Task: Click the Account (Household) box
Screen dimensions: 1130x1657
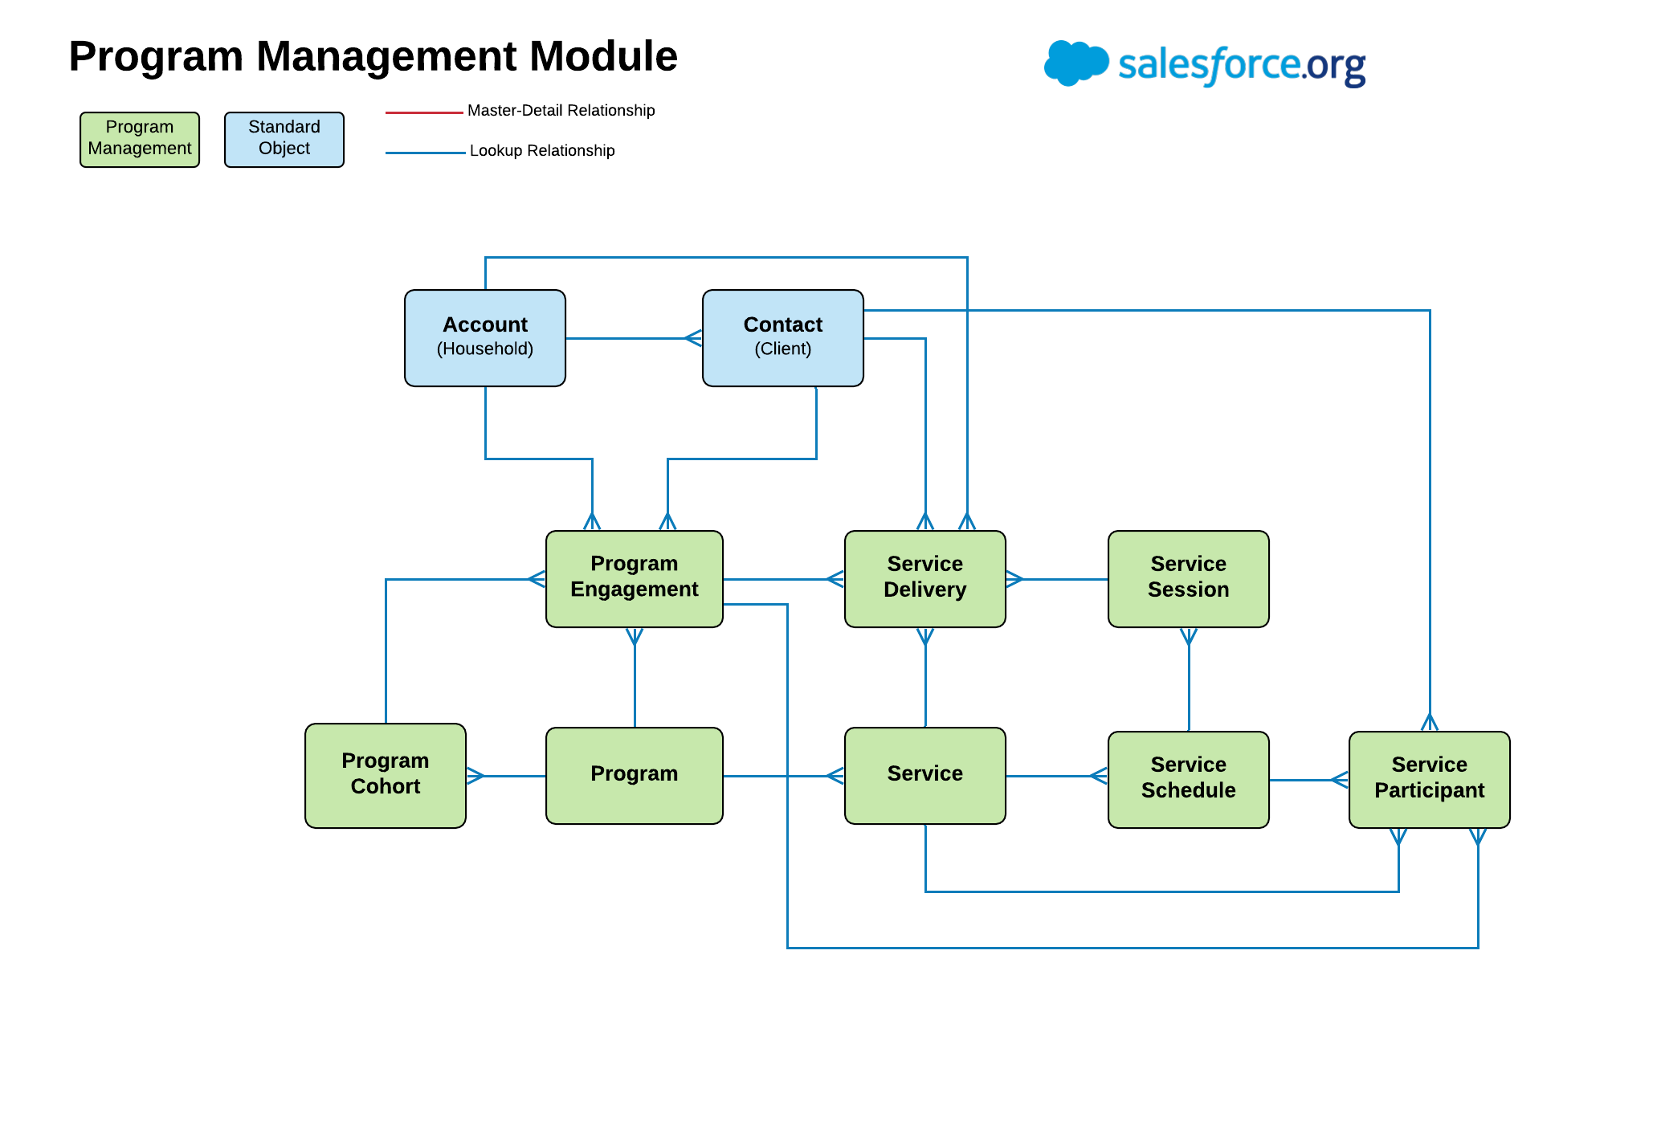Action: click(x=484, y=337)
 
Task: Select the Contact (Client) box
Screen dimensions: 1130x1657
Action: click(x=782, y=337)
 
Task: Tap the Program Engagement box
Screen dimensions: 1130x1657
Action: click(x=634, y=578)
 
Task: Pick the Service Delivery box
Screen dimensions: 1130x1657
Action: click(x=924, y=578)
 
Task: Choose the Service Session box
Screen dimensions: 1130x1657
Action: click(x=1188, y=578)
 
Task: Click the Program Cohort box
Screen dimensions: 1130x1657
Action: click(x=385, y=775)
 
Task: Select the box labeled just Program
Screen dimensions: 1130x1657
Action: click(x=634, y=775)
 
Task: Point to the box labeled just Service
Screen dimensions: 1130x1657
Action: click(x=924, y=775)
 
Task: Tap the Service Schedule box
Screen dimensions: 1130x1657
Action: click(x=1188, y=779)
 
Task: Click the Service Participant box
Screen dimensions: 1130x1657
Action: click(x=1429, y=779)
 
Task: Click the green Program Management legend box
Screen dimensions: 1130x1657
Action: click(x=139, y=139)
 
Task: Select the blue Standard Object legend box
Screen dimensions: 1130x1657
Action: click(x=284, y=139)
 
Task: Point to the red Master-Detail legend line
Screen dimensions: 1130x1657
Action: click(x=424, y=112)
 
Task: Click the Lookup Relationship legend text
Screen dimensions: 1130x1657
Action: click(x=542, y=151)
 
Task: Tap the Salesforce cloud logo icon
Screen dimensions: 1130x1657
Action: click(x=1075, y=63)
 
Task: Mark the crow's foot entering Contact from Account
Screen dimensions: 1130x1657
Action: click(x=693, y=338)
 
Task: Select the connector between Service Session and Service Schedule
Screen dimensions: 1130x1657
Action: click(x=1189, y=683)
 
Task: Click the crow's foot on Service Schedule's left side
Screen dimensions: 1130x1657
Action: click(x=1099, y=776)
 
